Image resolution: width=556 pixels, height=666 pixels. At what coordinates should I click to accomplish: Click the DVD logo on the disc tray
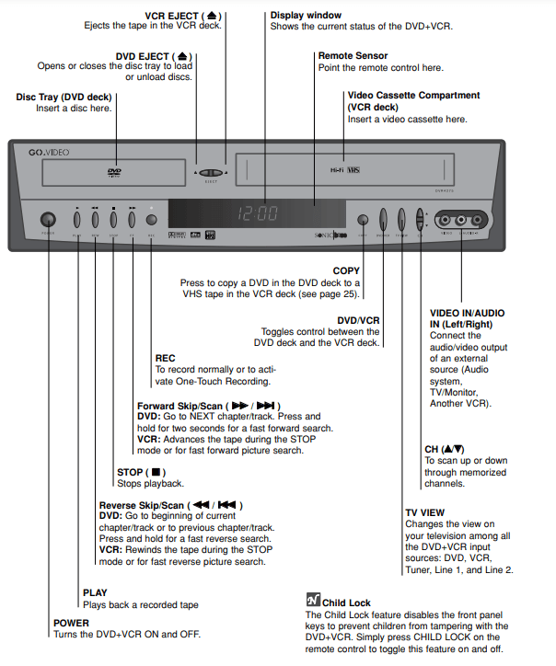(x=113, y=171)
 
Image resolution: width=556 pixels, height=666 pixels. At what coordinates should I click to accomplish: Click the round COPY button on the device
(x=363, y=220)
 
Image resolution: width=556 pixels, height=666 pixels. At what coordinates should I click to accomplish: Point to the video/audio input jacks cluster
(x=461, y=220)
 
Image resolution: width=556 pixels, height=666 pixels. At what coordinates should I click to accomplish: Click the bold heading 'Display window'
(x=306, y=15)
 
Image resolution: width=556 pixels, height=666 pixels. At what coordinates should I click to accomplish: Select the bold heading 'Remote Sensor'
(x=353, y=55)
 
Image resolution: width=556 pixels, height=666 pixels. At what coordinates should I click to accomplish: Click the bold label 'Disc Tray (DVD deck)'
(x=64, y=97)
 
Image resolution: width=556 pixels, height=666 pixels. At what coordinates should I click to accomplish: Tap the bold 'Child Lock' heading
(x=347, y=603)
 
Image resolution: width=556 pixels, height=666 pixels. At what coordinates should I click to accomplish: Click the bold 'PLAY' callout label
(x=95, y=593)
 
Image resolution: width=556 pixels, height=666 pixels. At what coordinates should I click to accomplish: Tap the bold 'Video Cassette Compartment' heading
(x=413, y=96)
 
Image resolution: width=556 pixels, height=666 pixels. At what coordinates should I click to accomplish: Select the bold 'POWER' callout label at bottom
(x=73, y=623)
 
